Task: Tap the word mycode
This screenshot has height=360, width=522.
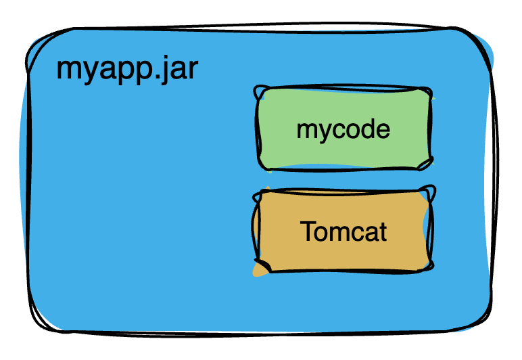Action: click(343, 129)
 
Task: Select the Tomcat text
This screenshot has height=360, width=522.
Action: click(343, 232)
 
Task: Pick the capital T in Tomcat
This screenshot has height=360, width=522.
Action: click(308, 231)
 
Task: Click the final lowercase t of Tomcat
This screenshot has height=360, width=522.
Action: click(383, 232)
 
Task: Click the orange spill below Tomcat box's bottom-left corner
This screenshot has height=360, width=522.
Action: click(258, 272)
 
